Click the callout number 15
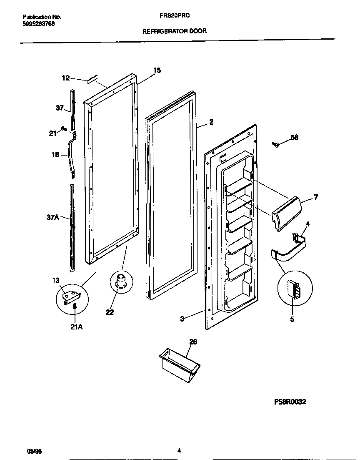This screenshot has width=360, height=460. (x=157, y=70)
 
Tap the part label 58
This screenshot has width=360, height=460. (x=295, y=137)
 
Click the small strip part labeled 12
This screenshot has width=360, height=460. (x=92, y=78)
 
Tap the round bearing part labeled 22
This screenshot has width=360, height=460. (x=120, y=280)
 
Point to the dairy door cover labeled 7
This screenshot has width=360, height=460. (x=287, y=212)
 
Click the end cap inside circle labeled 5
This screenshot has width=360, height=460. (x=294, y=289)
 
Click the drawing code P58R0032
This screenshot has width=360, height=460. (x=290, y=402)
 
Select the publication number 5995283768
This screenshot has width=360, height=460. (x=38, y=24)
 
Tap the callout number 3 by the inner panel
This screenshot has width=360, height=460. (x=182, y=319)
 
